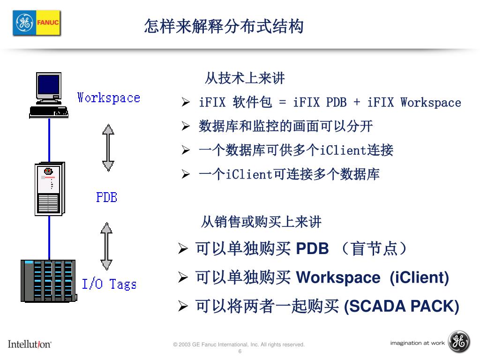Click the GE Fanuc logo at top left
click(37, 22)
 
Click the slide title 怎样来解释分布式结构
click(224, 27)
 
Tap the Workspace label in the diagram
click(108, 98)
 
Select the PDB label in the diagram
click(106, 197)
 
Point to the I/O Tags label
click(109, 284)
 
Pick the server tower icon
click(49, 188)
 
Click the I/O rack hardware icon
click(48, 280)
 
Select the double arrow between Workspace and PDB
click(108, 147)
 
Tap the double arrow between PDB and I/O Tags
click(107, 246)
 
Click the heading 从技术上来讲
click(245, 78)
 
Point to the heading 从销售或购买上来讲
click(261, 222)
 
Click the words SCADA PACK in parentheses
click(402, 307)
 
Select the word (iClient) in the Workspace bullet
click(419, 278)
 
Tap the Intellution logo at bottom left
click(30, 344)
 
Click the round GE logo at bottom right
click(459, 342)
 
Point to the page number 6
click(240, 352)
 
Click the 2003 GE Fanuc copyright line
click(239, 345)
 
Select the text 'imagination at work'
click(417, 343)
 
